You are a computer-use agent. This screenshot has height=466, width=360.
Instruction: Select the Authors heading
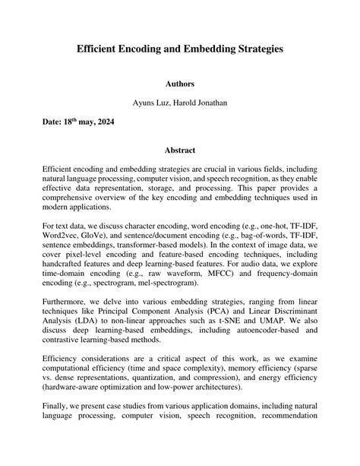180,84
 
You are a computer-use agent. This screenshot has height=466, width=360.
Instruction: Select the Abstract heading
180,150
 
